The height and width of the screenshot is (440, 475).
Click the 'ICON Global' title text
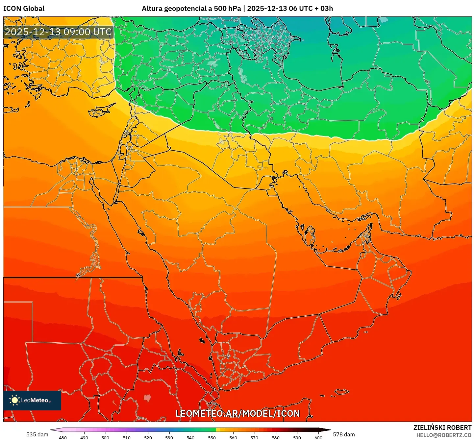coord(24,9)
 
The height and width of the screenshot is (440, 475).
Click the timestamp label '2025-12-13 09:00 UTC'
coord(58,32)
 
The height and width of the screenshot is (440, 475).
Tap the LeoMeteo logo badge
coord(32,400)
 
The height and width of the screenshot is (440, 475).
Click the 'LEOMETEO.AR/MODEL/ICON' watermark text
coord(238,413)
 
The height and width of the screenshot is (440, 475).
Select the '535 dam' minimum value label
coord(37,434)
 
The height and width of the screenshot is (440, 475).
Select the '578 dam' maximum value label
coord(344,434)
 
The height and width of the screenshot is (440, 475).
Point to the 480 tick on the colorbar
coord(63,437)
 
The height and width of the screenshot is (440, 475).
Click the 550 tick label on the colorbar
coord(212,437)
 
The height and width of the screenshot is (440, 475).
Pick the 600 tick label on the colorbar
coord(318,437)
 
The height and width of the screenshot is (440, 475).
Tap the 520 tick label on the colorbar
coord(148,437)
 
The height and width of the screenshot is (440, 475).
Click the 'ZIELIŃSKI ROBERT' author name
coord(442,428)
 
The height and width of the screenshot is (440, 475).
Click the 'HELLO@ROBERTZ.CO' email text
coord(444,435)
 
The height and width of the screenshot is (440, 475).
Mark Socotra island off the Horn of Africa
coord(342,392)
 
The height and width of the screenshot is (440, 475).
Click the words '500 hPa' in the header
coord(227,9)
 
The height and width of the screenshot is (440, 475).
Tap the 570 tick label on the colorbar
coord(254,437)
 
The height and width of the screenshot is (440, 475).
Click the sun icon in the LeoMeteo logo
coord(14,400)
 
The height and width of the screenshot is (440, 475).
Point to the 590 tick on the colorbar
coord(297,437)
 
